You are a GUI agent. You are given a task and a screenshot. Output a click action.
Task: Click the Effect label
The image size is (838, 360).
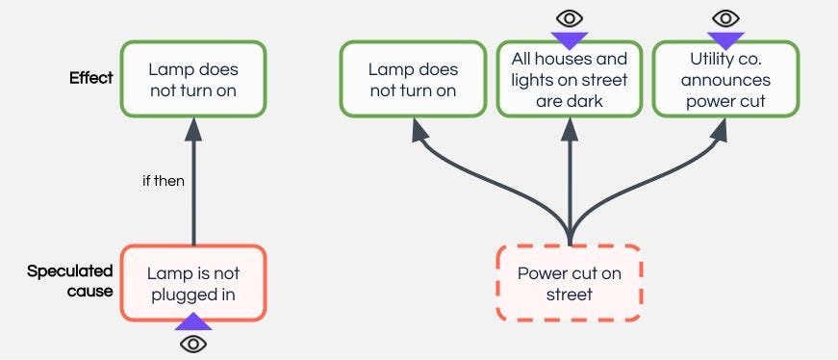pyautogui.click(x=90, y=78)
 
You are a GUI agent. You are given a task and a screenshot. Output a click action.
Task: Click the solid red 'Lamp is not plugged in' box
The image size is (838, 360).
pyautogui.click(x=193, y=283)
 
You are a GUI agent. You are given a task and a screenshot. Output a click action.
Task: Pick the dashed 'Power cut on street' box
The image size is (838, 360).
pyautogui.click(x=570, y=283)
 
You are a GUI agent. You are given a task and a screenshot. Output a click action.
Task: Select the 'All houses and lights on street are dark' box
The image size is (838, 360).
pyautogui.click(x=570, y=79)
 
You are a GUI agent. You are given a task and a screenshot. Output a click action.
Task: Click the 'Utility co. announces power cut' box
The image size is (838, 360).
pyautogui.click(x=725, y=79)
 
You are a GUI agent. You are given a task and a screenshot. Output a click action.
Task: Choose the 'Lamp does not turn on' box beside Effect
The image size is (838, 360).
pyautogui.click(x=193, y=79)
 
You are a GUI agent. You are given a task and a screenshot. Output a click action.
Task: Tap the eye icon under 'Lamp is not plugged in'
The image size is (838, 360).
pyautogui.click(x=193, y=344)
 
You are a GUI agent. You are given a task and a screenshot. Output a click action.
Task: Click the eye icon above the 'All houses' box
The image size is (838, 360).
pyautogui.click(x=570, y=17)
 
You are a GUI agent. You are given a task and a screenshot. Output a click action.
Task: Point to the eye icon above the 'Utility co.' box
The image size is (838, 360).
pyautogui.click(x=725, y=17)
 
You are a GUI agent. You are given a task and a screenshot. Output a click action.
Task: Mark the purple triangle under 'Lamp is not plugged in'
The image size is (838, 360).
pyautogui.click(x=193, y=322)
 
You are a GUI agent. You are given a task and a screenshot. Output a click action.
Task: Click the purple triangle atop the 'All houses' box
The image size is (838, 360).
pyautogui.click(x=570, y=39)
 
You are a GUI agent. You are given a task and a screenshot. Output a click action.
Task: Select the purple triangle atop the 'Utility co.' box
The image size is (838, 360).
pyautogui.click(x=725, y=39)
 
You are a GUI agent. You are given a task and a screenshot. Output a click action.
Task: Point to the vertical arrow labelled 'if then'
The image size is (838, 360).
pyautogui.click(x=193, y=193)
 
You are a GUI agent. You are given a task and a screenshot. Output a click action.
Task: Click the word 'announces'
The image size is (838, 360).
pyautogui.click(x=725, y=79)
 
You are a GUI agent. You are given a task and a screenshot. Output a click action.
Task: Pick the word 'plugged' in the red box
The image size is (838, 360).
pyautogui.click(x=184, y=294)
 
